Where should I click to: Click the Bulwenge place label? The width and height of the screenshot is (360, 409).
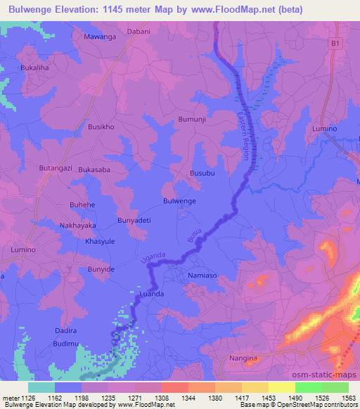(x=179, y=201)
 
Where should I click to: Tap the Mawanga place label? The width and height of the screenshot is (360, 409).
(x=99, y=37)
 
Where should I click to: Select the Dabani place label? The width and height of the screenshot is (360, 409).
(x=139, y=31)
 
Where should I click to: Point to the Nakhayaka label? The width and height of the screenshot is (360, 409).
(x=77, y=226)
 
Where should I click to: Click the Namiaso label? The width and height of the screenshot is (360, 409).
(x=204, y=277)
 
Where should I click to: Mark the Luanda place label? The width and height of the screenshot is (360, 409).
(x=152, y=293)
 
